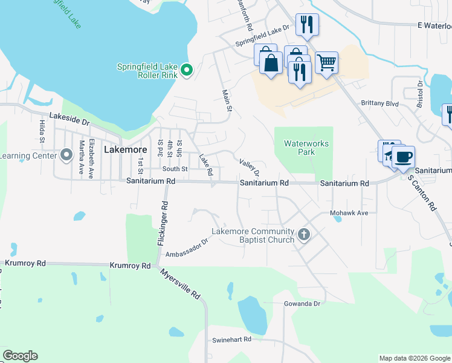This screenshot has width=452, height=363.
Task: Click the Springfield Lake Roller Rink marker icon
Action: tap(187, 71)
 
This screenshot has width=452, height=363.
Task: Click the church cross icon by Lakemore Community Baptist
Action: tap(304, 234)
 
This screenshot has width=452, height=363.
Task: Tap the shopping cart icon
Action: tap(326, 61)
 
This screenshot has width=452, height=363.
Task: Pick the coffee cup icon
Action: tap(403, 157)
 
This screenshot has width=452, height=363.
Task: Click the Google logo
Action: tap(20, 356)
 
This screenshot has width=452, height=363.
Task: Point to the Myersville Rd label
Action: tap(181, 284)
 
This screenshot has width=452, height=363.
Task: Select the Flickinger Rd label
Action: tap(161, 223)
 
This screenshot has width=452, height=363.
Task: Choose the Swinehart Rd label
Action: tap(231, 340)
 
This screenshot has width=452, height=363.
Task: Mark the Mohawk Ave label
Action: tap(349, 214)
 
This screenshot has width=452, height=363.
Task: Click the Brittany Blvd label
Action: tap(380, 103)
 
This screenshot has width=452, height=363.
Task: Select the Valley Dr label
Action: tap(249, 165)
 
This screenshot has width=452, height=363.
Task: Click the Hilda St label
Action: tap(42, 131)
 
